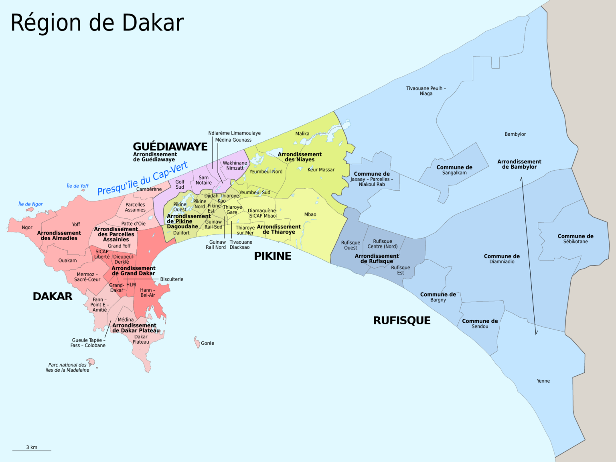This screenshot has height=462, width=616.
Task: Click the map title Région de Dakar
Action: (97, 23)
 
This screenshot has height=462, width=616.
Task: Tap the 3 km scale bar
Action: (32, 450)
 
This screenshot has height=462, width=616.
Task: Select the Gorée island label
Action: (207, 343)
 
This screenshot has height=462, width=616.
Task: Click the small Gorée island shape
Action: (197, 342)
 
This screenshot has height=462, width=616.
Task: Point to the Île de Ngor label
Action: (30, 204)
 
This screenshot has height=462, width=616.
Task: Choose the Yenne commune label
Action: (543, 381)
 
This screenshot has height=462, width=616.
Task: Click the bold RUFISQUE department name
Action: (401, 320)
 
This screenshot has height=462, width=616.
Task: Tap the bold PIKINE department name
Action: (272, 256)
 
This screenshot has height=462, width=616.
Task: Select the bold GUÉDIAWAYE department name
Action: (170, 147)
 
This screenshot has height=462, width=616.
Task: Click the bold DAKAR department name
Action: (53, 296)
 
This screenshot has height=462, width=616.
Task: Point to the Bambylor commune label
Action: (515, 134)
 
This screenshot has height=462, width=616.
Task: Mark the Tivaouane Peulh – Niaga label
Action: (426, 91)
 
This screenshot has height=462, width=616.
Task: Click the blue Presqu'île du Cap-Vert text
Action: (142, 179)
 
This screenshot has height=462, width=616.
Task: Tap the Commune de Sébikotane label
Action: (575, 239)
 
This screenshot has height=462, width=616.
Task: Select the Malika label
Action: (302, 134)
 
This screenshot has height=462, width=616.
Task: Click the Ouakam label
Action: (67, 261)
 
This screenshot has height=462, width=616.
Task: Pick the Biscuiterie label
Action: (172, 279)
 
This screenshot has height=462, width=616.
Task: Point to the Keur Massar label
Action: (321, 170)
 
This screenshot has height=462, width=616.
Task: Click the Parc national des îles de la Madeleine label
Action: (67, 368)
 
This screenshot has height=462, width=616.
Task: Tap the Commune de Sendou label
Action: (480, 324)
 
